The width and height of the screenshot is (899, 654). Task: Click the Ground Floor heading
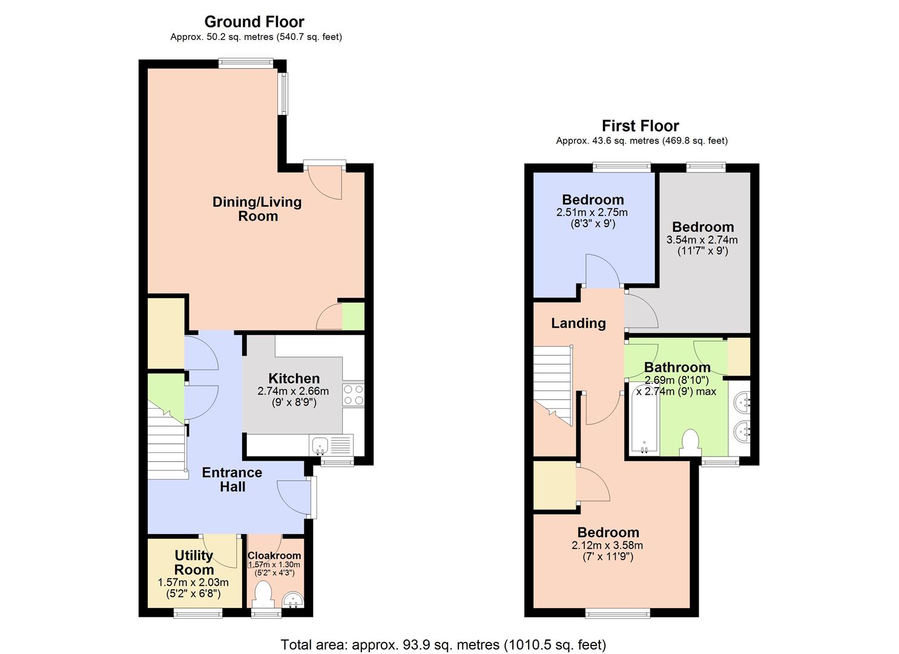pyautogui.click(x=254, y=22)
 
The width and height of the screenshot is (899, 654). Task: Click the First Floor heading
pyautogui.click(x=640, y=126)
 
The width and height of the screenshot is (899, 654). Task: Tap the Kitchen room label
pyautogui.click(x=294, y=378)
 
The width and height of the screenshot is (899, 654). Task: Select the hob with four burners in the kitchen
pyautogui.click(x=354, y=395)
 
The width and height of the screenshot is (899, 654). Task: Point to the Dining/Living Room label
pyautogui.click(x=257, y=209)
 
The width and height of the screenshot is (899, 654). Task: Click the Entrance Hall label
pyautogui.click(x=232, y=480)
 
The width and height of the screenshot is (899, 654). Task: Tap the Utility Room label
pyautogui.click(x=194, y=563)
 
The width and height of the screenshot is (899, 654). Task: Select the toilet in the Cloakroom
pyautogui.click(x=263, y=593)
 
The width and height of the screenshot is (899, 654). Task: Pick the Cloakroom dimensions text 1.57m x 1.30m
pyautogui.click(x=274, y=564)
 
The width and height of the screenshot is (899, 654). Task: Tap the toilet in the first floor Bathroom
pyautogui.click(x=690, y=442)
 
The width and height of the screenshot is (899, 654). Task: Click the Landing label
pyautogui.click(x=578, y=323)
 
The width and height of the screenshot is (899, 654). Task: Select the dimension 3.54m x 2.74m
pyautogui.click(x=702, y=240)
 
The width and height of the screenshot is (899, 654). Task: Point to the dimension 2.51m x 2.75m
pyautogui.click(x=592, y=213)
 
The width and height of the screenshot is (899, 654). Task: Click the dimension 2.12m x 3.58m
pyautogui.click(x=608, y=545)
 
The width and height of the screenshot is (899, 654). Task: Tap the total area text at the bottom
pyautogui.click(x=443, y=644)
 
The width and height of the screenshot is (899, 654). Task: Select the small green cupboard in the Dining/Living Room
pyautogui.click(x=354, y=317)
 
